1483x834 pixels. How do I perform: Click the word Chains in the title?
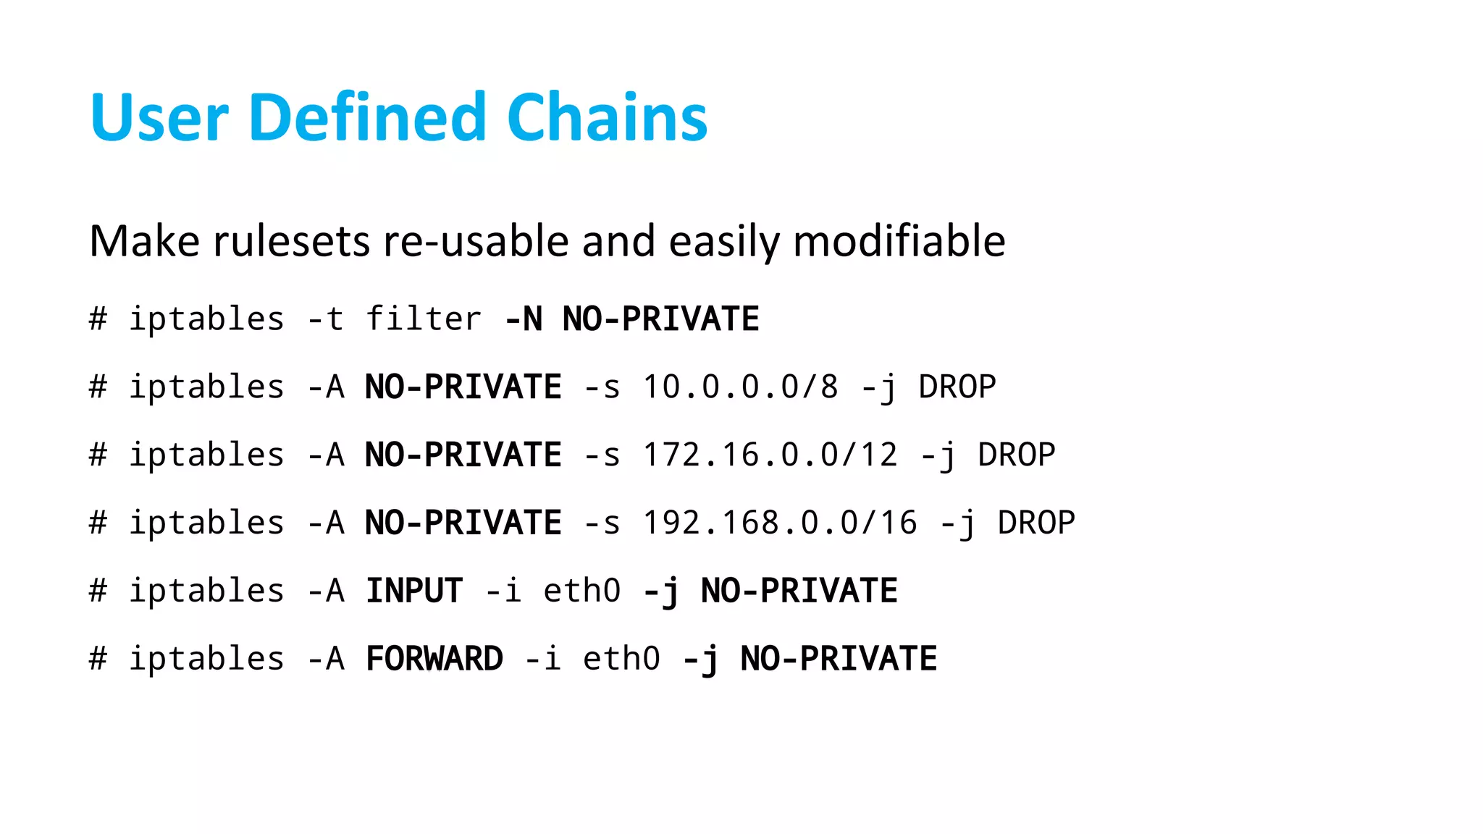pos(607,117)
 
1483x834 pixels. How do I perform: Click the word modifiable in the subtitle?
pos(899,241)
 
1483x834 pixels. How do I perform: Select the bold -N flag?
pos(524,319)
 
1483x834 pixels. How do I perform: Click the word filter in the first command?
pos(424,319)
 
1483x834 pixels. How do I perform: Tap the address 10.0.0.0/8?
pos(740,387)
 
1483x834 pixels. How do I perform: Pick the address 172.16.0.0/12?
pos(770,455)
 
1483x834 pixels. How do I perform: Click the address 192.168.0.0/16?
pos(780,523)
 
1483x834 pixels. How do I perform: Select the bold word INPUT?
pos(414,591)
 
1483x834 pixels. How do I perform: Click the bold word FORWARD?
pos(434,659)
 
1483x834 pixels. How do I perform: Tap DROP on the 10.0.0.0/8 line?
pos(957,387)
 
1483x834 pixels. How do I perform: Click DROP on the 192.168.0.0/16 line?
pos(1036,523)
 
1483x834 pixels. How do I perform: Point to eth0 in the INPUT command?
pos(582,591)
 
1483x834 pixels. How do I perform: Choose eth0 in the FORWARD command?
pos(621,659)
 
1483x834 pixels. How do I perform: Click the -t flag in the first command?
pos(325,319)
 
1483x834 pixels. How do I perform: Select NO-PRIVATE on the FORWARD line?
pos(839,659)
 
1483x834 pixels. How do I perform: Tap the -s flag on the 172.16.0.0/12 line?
pos(602,455)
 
